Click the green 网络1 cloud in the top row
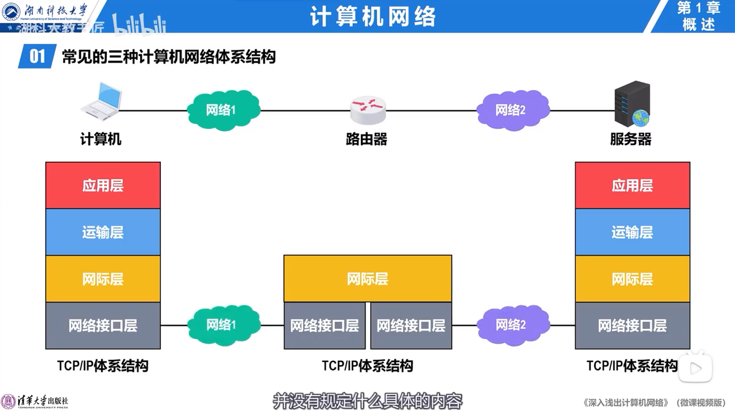223,110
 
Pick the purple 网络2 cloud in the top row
512,110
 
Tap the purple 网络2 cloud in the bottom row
513,325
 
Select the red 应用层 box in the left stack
103,185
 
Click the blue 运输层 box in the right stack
632,232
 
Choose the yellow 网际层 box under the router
367,278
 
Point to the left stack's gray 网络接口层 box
103,325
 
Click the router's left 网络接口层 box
324,325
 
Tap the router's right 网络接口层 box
411,325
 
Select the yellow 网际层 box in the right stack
632,279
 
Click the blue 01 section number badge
37,56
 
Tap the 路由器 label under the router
366,139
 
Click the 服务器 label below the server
631,139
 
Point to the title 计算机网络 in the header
373,16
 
